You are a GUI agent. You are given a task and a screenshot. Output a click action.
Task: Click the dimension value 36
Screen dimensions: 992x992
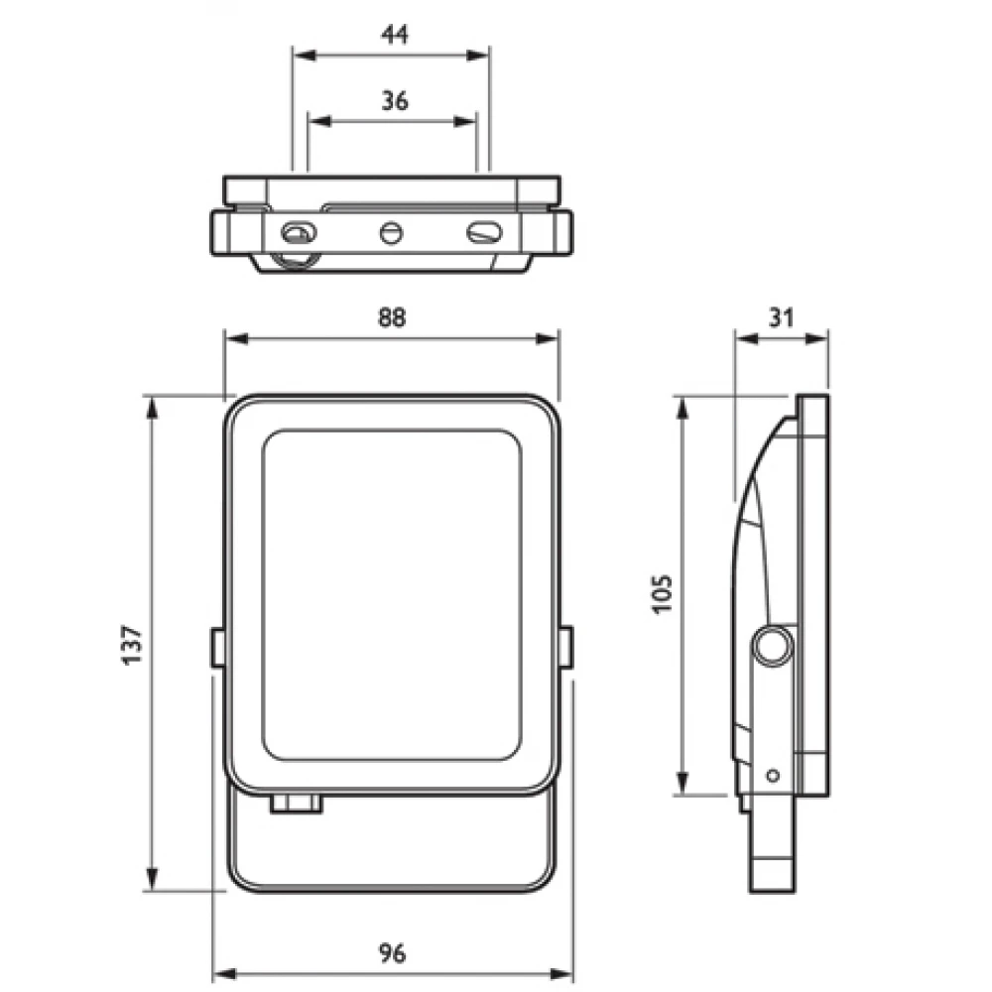click(394, 99)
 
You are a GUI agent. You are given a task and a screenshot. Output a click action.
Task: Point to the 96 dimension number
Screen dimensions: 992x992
click(393, 953)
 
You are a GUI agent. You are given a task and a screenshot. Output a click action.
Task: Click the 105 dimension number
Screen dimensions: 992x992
click(662, 593)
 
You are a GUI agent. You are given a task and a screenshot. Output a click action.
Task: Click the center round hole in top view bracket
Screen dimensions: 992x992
click(391, 234)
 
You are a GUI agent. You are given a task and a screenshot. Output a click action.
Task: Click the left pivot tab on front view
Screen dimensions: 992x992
click(217, 647)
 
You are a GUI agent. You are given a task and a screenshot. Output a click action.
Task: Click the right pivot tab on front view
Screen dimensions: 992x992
click(565, 647)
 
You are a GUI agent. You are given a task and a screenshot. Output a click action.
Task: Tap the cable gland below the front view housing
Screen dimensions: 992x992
click(296, 802)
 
